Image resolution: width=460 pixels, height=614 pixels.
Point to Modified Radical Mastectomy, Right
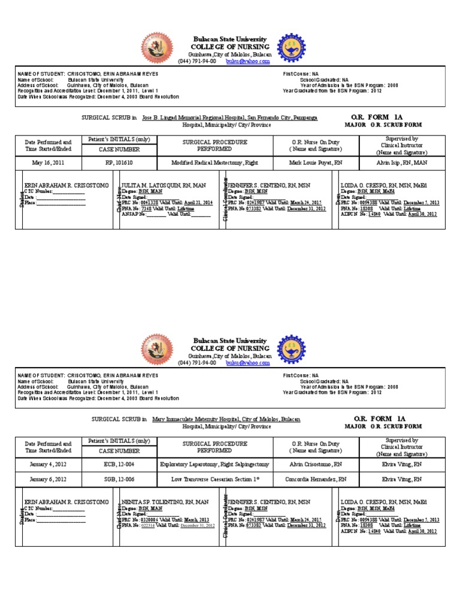pos(214,162)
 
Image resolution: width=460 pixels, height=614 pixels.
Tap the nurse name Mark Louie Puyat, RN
pos(315,162)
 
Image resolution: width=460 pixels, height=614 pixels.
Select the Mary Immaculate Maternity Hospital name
pos(226,420)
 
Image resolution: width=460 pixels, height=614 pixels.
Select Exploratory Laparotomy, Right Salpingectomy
pos(214,464)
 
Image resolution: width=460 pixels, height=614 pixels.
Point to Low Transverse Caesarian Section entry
pos(214,480)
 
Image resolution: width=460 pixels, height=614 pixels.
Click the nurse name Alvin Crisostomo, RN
pos(315,464)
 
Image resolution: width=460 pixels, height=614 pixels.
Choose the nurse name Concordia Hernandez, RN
pos(315,480)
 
